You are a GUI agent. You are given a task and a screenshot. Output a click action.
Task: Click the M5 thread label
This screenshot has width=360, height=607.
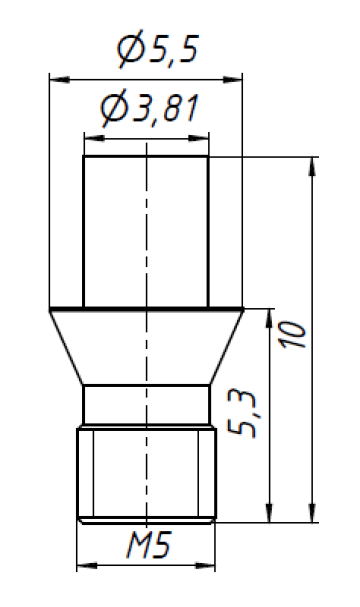[x=147, y=547]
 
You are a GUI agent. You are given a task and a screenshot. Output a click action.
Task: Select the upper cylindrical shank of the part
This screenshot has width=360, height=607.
[x=146, y=230]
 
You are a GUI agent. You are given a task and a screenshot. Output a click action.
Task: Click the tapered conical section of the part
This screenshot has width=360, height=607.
[x=146, y=346]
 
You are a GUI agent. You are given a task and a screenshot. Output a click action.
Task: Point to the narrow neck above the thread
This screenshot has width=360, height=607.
[x=146, y=405]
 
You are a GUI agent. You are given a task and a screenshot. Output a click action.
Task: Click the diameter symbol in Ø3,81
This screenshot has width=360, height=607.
[x=113, y=109]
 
